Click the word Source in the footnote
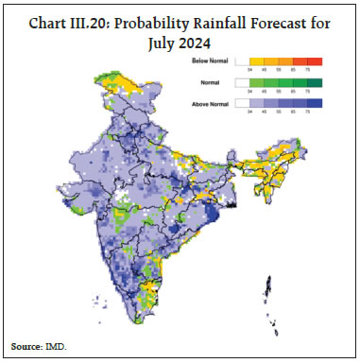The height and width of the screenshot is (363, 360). [x=29, y=348]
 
